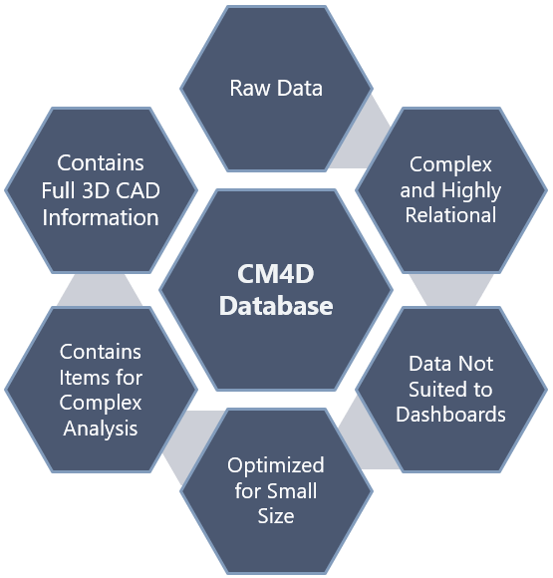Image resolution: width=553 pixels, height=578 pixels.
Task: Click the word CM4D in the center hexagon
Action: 276,274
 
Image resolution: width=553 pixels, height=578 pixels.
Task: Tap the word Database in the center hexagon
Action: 276,306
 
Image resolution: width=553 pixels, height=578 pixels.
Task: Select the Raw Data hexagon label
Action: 276,88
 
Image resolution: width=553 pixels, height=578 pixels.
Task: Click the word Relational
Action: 450,215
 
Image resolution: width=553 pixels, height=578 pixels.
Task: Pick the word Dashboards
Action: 450,414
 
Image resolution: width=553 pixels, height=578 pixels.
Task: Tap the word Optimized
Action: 276,465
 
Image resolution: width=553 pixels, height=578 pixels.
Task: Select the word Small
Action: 292,491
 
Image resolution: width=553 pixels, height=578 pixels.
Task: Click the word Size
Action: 276,516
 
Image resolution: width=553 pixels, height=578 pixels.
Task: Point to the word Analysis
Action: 101,429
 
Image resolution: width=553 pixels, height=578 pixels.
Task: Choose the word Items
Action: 80,378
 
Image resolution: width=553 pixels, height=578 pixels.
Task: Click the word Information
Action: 101,217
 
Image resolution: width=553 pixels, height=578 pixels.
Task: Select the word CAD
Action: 138,191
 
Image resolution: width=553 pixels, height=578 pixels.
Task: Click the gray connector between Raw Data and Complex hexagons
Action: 361,138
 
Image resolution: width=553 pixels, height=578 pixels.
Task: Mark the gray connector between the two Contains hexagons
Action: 100,290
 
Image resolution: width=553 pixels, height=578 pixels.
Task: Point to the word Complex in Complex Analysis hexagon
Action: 101,403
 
